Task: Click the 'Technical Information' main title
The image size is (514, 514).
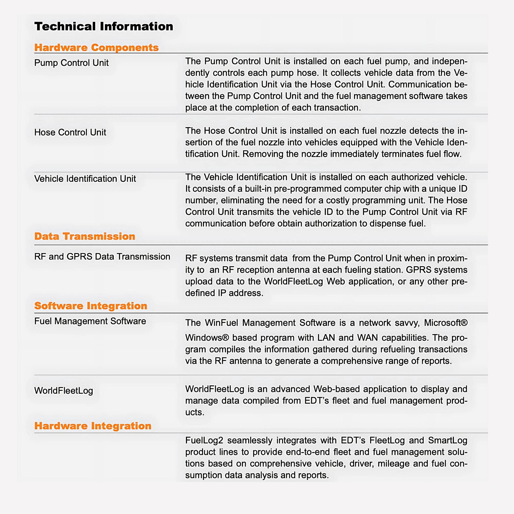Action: click(104, 27)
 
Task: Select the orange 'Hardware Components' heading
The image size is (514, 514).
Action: click(96, 47)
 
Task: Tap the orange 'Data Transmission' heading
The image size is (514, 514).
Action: click(84, 236)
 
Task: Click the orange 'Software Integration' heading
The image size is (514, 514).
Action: click(90, 306)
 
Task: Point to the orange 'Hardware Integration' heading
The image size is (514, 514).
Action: click(93, 426)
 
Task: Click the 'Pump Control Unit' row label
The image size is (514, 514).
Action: click(71, 63)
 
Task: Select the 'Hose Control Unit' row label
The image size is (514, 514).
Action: click(70, 132)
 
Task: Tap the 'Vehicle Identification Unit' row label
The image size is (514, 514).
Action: click(85, 179)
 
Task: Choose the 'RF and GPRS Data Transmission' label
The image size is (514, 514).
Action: click(102, 257)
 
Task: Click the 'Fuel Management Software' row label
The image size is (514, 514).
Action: click(90, 321)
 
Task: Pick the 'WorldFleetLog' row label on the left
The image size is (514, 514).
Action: click(64, 391)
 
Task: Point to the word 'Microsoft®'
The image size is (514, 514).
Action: click(445, 323)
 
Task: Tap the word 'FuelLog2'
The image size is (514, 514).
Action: click(204, 441)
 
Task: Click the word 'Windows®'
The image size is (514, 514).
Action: click(207, 337)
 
